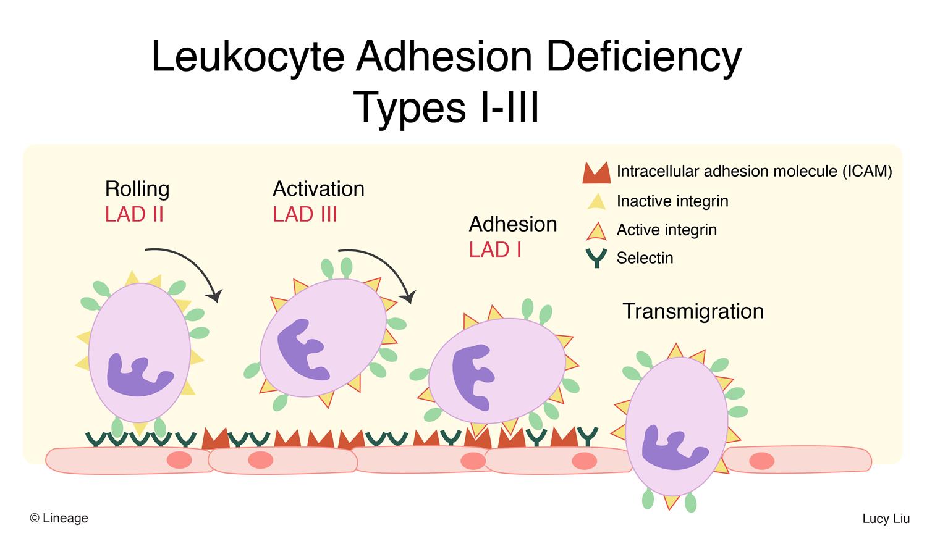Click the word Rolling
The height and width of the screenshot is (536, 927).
(137, 189)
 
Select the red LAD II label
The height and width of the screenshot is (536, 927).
(134, 215)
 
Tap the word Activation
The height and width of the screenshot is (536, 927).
(318, 189)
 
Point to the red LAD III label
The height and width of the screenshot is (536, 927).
(305, 215)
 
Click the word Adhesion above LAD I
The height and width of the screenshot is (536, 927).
(513, 224)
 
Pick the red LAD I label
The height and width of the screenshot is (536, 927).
(495, 250)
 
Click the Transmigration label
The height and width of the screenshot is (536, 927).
(693, 311)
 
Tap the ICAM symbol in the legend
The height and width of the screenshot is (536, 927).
(596, 173)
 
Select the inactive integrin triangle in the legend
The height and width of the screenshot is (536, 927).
(596, 201)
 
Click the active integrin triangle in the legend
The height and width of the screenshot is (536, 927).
(596, 231)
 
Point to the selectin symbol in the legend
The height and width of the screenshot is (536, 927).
(596, 258)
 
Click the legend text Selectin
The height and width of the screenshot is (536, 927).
(645, 258)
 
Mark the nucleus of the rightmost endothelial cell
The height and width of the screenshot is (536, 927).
(761, 461)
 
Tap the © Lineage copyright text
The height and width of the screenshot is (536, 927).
(59, 518)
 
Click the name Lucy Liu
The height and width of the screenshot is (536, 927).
(886, 519)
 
